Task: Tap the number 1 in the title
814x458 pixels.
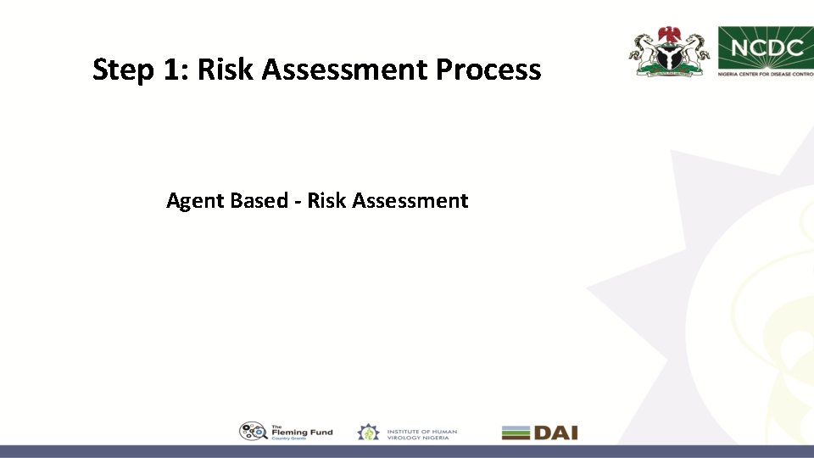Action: [x=173, y=70]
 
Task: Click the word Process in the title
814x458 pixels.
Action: [x=488, y=70]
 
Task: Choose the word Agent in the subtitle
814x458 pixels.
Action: [x=193, y=202]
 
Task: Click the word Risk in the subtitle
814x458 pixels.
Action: [x=326, y=201]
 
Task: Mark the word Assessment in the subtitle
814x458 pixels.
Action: [x=410, y=201]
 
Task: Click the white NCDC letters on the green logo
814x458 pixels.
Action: [x=767, y=47]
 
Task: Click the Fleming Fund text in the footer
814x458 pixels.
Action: [x=302, y=433]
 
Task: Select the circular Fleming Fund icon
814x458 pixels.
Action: [x=254, y=432]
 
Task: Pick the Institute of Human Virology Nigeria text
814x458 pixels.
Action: [x=421, y=433]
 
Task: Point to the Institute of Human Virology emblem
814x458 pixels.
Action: [x=369, y=433]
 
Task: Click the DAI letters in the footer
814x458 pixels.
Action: [x=555, y=433]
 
